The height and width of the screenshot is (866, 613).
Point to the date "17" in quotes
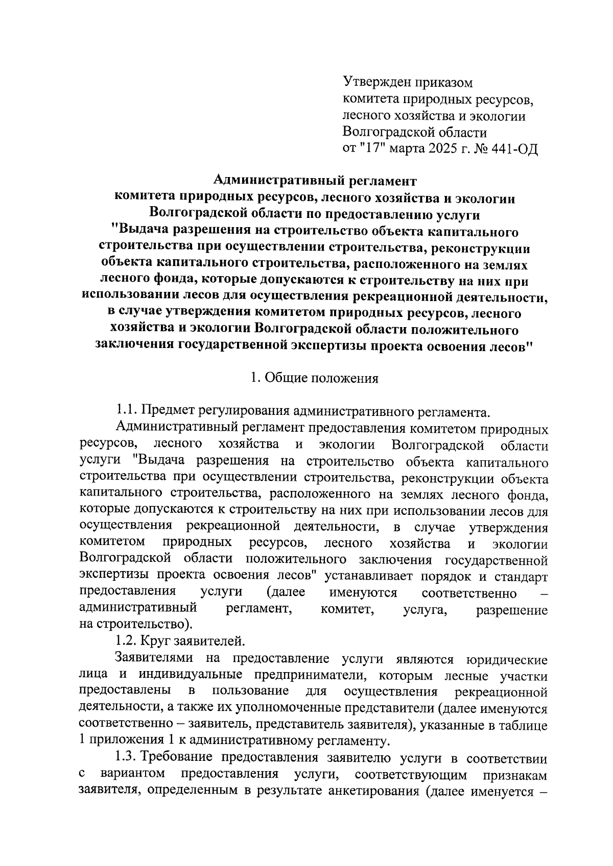pyautogui.click(x=365, y=150)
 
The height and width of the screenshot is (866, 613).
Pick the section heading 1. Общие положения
pyautogui.click(x=314, y=379)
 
